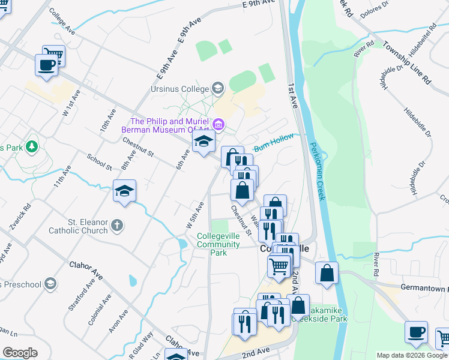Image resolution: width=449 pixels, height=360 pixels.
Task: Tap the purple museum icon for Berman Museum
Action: click(218, 125)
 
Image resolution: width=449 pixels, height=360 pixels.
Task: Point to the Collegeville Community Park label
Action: click(220, 244)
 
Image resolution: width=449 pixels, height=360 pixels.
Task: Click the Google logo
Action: click(20, 353)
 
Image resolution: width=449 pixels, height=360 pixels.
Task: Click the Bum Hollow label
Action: click(274, 142)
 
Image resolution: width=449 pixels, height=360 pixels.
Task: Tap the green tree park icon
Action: click(32, 146)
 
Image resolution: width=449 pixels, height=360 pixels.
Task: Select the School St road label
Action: click(99, 161)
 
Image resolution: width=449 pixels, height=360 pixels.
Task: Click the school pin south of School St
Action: click(124, 191)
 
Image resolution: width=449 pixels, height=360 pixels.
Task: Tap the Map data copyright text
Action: click(411, 355)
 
